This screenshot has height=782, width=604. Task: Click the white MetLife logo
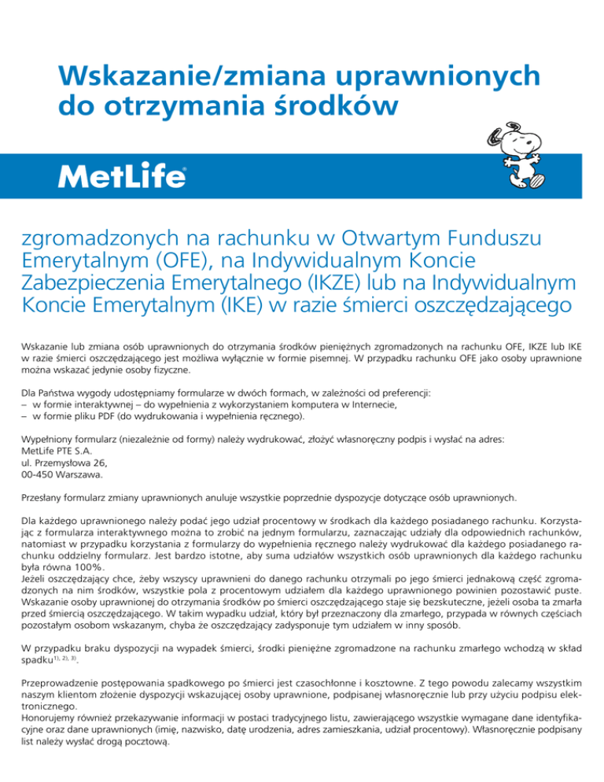click(123, 177)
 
